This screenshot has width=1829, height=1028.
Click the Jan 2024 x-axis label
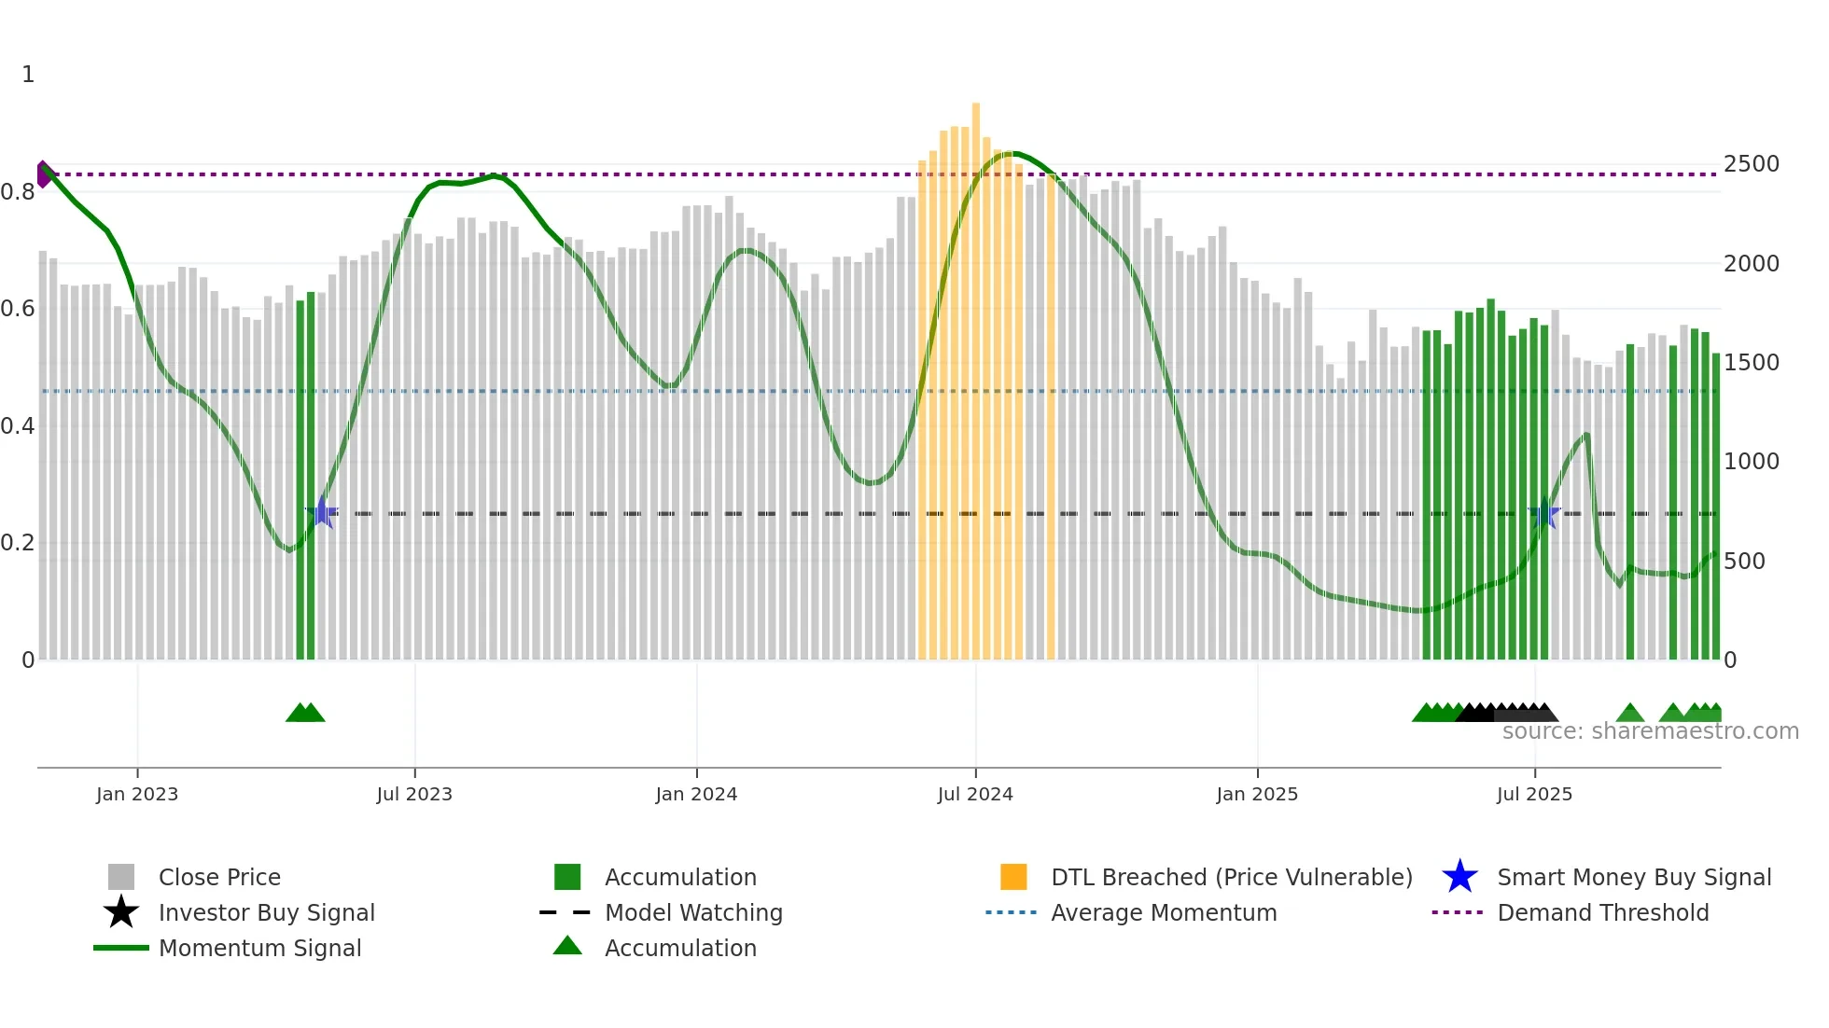pyautogui.click(x=696, y=794)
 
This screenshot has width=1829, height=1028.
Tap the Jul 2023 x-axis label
pyautogui.click(x=414, y=794)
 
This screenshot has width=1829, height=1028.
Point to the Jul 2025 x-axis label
pyautogui.click(x=1534, y=794)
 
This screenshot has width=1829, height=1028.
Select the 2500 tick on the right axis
pyautogui.click(x=1752, y=164)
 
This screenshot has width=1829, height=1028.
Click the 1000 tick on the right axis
pyautogui.click(x=1752, y=462)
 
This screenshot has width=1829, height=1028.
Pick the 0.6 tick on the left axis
pyautogui.click(x=18, y=309)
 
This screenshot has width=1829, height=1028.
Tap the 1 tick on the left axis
pyautogui.click(x=28, y=75)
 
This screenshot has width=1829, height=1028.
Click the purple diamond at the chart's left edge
pyautogui.click(x=43, y=174)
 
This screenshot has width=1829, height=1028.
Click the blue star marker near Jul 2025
pyautogui.click(x=1544, y=513)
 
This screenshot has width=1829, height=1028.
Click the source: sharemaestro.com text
pyautogui.click(x=1650, y=731)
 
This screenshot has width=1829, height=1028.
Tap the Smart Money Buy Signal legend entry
pyautogui.click(x=1633, y=877)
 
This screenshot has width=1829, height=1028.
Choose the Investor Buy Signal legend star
pyautogui.click(x=121, y=912)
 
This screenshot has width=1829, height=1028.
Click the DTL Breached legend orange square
pyautogui.click(x=1013, y=877)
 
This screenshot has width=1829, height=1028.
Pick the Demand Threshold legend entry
pyautogui.click(x=1602, y=912)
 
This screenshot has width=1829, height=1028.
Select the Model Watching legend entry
pyautogui.click(x=692, y=912)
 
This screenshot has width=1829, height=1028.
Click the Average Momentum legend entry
pyautogui.click(x=1163, y=912)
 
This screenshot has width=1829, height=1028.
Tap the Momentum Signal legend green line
pyautogui.click(x=121, y=948)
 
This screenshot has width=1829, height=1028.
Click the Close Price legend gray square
pyautogui.click(x=121, y=877)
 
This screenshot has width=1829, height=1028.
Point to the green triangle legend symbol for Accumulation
pyautogui.click(x=567, y=946)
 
